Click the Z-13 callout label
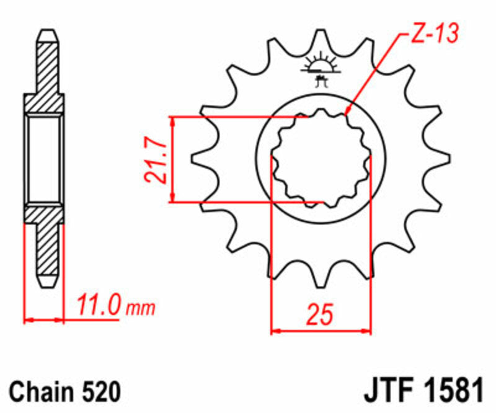point(434,34)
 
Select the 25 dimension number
point(319,314)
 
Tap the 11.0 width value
point(97,306)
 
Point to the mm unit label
point(139,308)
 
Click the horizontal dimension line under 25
point(321,331)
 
